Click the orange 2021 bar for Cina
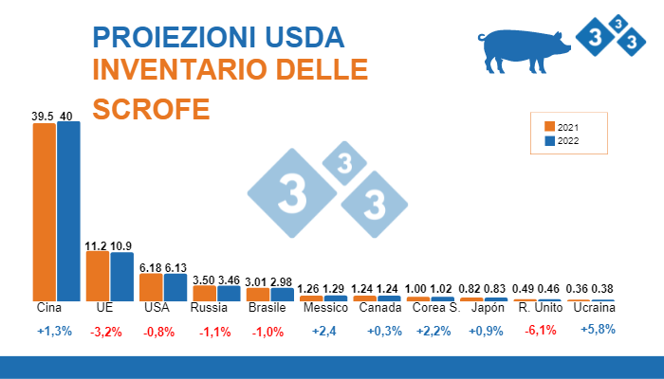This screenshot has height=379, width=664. [x=45, y=211]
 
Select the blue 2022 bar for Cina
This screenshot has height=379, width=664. [x=68, y=211]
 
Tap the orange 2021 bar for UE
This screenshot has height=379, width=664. [x=98, y=276]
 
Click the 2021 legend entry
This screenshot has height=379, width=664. [x=563, y=127]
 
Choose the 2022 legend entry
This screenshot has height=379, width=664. [x=563, y=141]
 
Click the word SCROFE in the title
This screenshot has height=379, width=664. [x=151, y=109]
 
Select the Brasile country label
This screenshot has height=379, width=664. [x=267, y=309]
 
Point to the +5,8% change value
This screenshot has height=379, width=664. [x=598, y=330]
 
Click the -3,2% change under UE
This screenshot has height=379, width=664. [x=106, y=333]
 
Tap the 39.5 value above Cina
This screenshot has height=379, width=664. [x=43, y=116]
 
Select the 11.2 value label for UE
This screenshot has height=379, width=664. [x=96, y=245]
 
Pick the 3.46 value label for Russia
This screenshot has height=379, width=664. [x=230, y=280]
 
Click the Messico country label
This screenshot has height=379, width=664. [x=325, y=309]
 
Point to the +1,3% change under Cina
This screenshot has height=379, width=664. [x=55, y=333]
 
